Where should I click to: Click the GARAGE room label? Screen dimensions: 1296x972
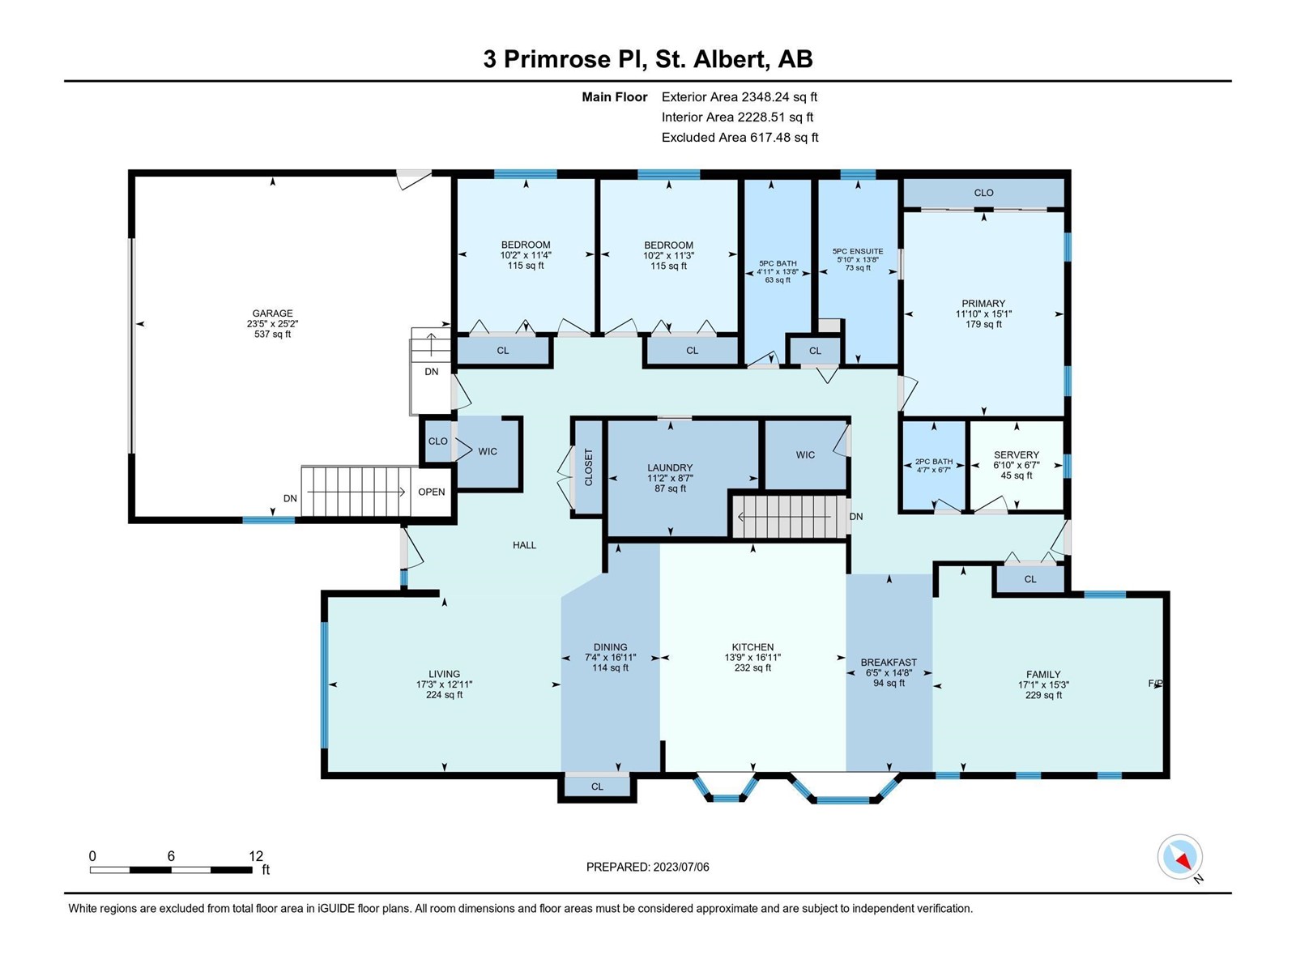tap(272, 313)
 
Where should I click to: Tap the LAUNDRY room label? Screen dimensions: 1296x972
tap(670, 467)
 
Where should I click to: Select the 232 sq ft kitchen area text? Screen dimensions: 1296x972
tap(752, 667)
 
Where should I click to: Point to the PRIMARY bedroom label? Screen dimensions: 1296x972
tap(983, 303)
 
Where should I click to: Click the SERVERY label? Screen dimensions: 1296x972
tap(1016, 454)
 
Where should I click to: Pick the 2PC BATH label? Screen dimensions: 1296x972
tap(934, 462)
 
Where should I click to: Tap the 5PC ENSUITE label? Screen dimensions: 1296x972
tap(858, 251)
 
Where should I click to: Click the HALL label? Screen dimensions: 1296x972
tap(524, 545)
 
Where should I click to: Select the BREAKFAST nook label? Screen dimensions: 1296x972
tap(889, 662)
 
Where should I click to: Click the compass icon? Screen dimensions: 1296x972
tap(1179, 857)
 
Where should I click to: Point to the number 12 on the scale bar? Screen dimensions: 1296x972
tap(256, 855)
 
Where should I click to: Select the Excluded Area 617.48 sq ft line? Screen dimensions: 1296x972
tap(740, 138)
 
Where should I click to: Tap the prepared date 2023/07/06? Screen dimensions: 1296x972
tap(680, 867)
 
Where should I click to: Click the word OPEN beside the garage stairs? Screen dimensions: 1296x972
tap(432, 492)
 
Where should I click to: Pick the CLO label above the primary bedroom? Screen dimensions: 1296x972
tap(983, 193)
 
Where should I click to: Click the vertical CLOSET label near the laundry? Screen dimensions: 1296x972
tap(588, 467)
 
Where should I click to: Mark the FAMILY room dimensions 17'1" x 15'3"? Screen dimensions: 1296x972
tap(1043, 684)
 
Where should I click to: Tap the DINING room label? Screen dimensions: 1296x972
tap(611, 647)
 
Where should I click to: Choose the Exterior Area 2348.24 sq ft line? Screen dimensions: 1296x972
tap(740, 96)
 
